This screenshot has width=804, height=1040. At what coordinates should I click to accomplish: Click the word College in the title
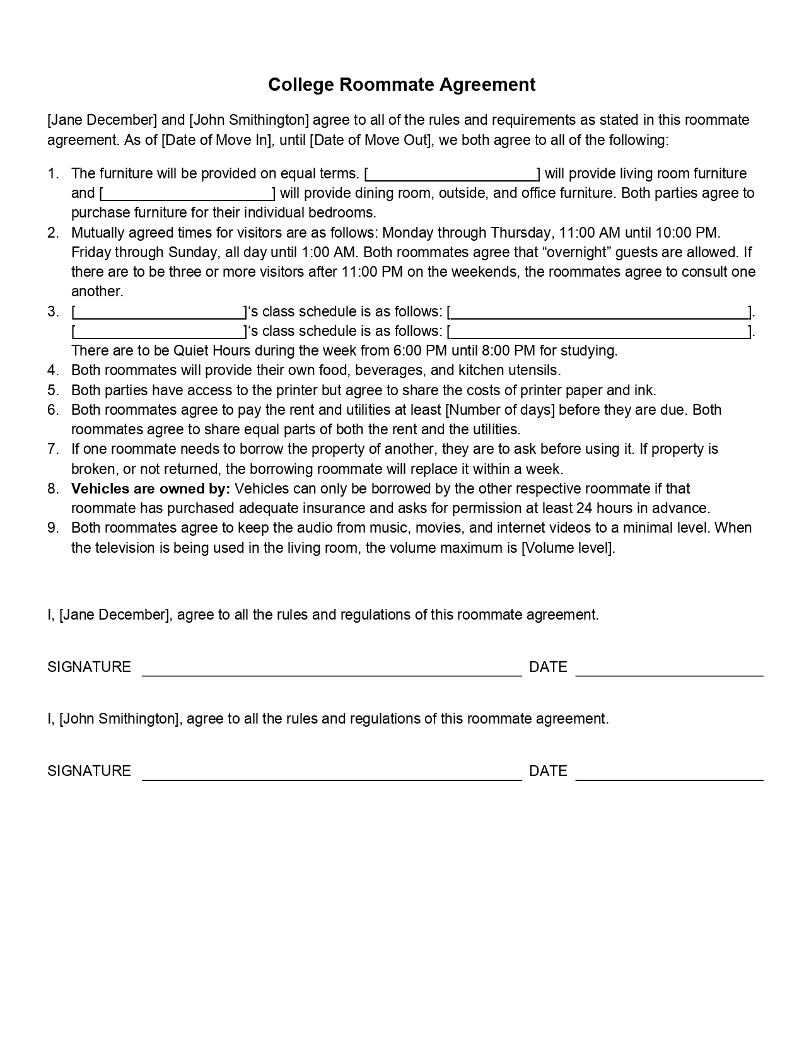point(301,84)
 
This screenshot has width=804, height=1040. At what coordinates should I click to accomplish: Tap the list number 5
point(53,390)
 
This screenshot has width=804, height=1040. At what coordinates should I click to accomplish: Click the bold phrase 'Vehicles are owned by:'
point(151,488)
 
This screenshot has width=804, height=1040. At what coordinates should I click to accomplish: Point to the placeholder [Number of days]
point(500,410)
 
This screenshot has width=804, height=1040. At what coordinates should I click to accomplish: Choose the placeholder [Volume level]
point(567,548)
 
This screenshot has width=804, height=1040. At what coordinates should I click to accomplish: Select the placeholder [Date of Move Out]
point(371,140)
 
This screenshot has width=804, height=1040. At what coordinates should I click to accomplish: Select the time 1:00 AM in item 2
point(327,252)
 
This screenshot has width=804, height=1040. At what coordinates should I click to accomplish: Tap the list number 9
point(53,528)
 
